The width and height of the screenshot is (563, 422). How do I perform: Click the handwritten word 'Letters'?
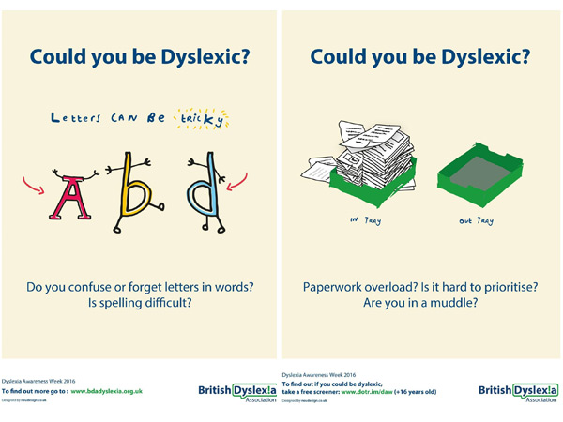coord(76,118)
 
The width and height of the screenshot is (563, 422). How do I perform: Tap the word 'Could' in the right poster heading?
coord(342,57)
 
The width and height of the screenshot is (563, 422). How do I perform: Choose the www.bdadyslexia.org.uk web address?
coord(119,389)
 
